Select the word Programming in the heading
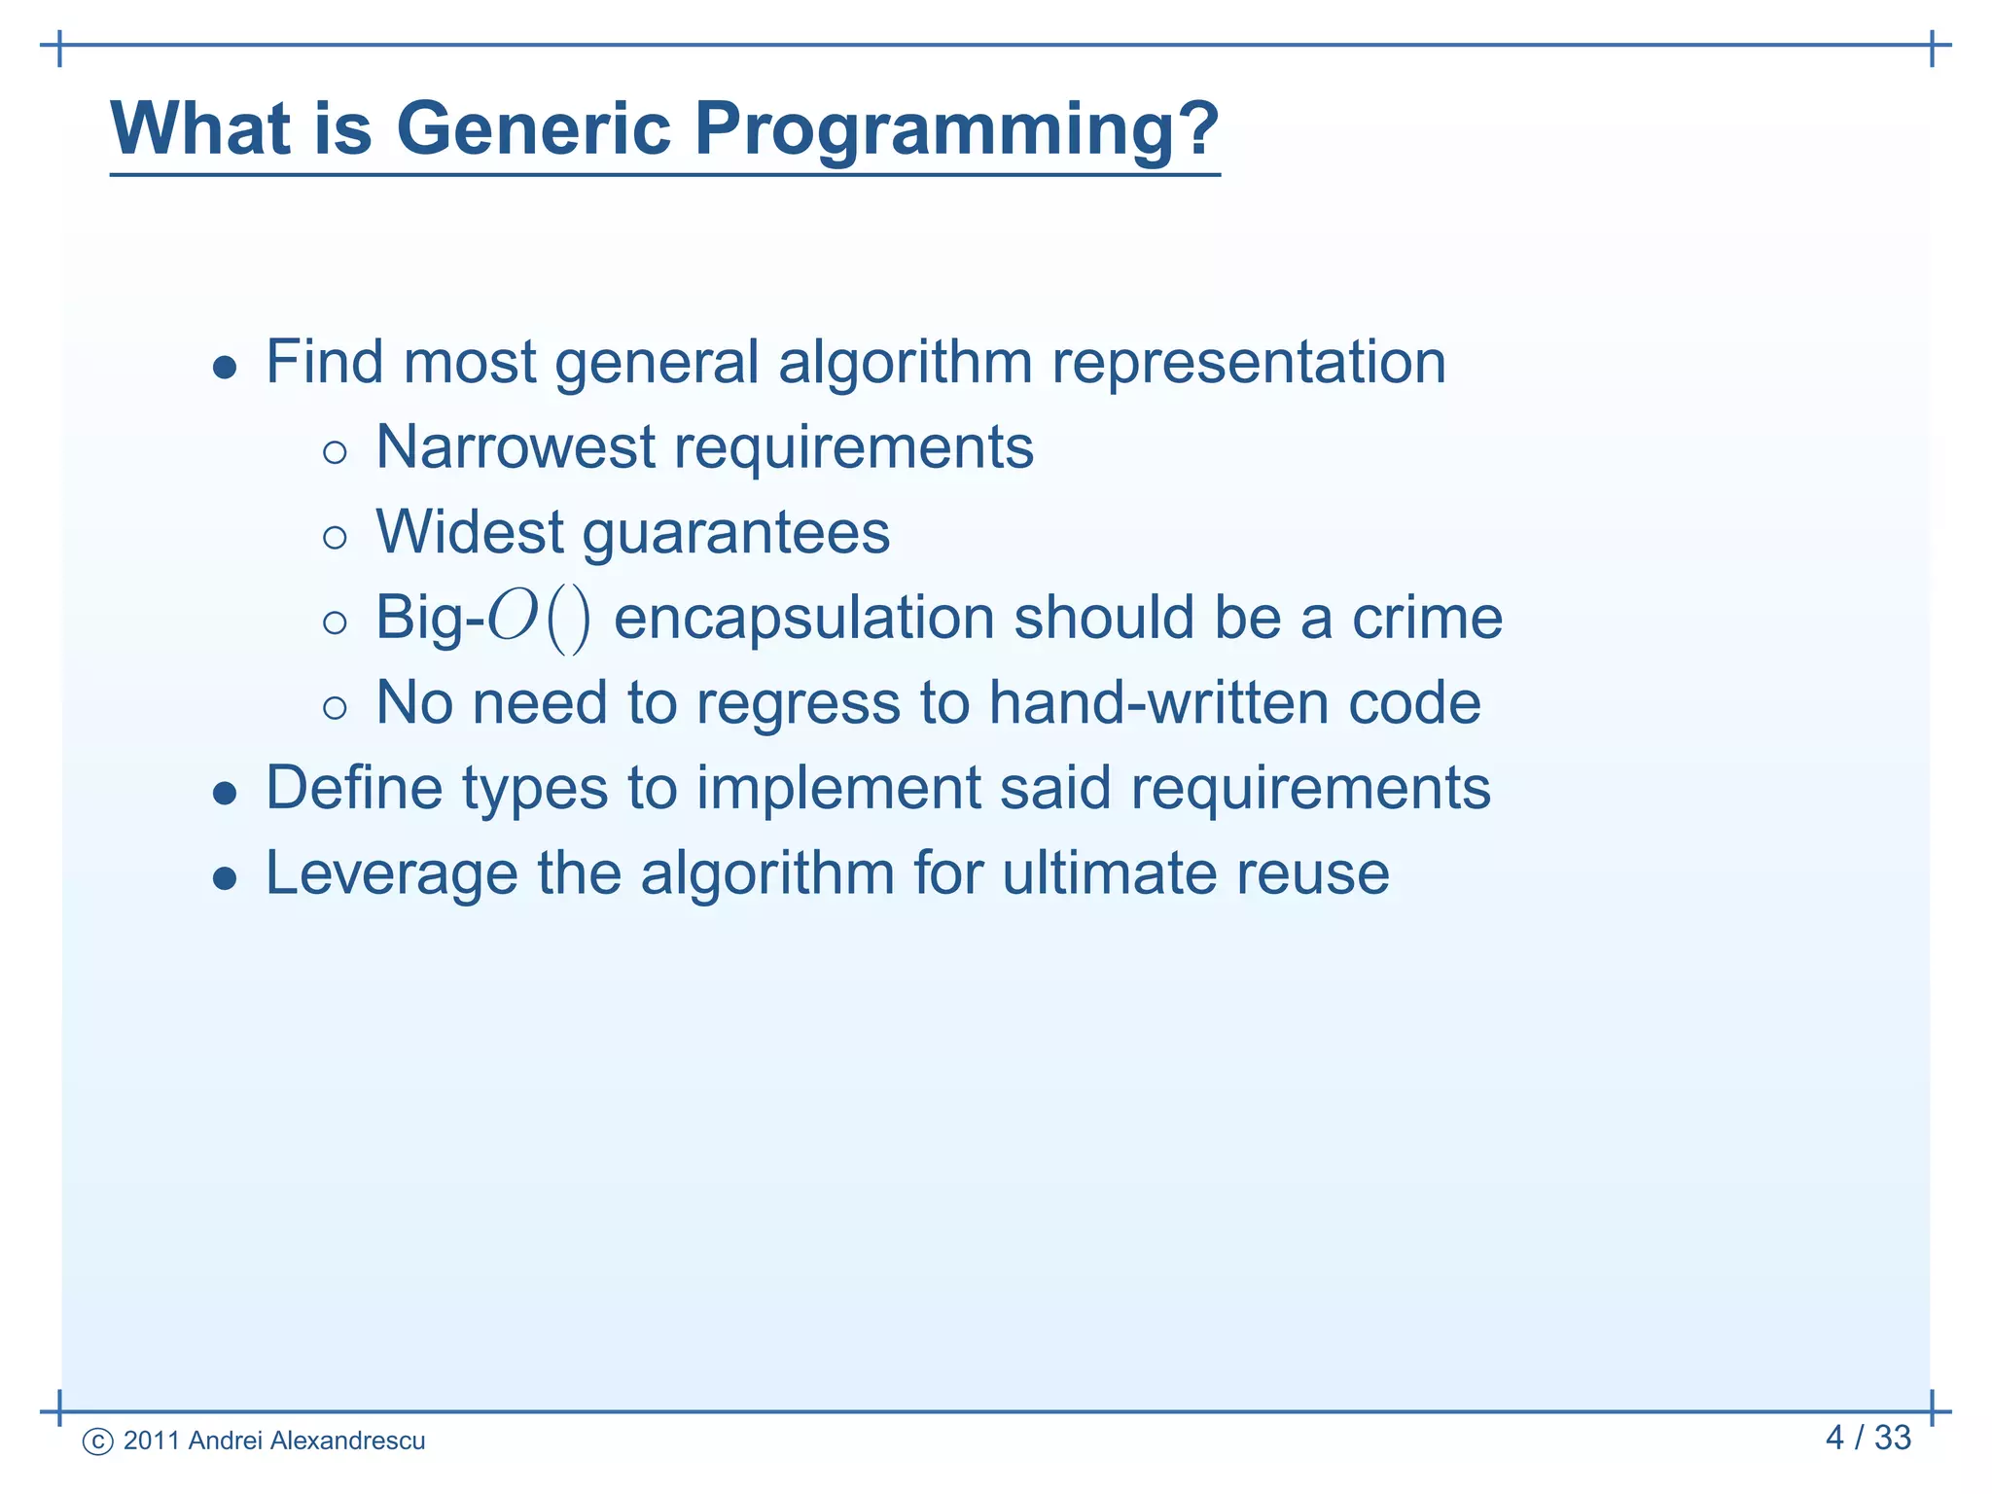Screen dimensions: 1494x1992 coord(942,131)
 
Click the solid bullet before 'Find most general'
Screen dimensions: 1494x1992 coord(225,368)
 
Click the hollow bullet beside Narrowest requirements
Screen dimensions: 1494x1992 coord(335,452)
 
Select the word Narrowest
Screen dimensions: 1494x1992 coord(516,447)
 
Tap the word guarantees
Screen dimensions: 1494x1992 coord(735,534)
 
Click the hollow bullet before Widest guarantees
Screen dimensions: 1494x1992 coord(335,538)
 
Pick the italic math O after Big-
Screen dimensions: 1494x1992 coord(513,618)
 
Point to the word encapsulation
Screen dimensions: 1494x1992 coord(803,620)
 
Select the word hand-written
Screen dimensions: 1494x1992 coord(1158,702)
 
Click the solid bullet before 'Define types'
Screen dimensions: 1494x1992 coord(225,794)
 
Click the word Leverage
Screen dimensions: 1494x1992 coord(391,874)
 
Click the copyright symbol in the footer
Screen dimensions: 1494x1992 coord(97,1441)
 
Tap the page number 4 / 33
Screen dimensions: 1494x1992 coord(1867,1438)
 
